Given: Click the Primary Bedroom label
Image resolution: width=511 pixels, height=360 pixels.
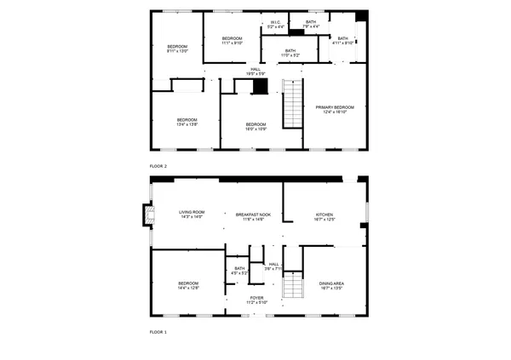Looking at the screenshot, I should pyautogui.click(x=334, y=109).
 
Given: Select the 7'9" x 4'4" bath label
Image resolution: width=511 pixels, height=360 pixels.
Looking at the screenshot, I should pyautogui.click(x=311, y=25).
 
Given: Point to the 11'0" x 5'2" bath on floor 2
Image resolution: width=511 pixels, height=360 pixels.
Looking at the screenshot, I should pyautogui.click(x=290, y=53).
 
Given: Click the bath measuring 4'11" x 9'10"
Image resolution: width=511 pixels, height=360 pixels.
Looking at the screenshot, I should pyautogui.click(x=342, y=40).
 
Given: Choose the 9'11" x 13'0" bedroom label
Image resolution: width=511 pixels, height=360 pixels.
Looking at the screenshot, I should pyautogui.click(x=176, y=49).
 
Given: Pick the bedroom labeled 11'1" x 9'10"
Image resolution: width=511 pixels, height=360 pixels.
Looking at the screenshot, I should pyautogui.click(x=232, y=40).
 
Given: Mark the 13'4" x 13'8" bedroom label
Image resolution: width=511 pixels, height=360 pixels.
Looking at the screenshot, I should pyautogui.click(x=187, y=122).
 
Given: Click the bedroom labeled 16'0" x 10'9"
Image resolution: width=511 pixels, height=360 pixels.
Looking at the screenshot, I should pyautogui.click(x=256, y=125).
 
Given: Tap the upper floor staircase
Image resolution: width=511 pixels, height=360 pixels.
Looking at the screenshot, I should pyautogui.click(x=293, y=102).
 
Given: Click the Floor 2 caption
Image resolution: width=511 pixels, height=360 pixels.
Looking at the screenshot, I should pyautogui.click(x=158, y=165).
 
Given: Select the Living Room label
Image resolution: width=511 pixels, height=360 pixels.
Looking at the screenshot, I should pyautogui.click(x=192, y=214).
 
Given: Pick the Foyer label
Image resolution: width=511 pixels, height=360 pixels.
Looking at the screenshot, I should pyautogui.click(x=257, y=300).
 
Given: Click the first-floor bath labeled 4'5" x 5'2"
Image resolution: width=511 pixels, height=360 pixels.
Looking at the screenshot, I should pyautogui.click(x=240, y=271).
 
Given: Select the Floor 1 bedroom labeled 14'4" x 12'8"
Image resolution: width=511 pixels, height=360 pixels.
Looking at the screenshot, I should pyautogui.click(x=188, y=285).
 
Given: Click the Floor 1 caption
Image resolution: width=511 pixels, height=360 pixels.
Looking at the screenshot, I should pyautogui.click(x=158, y=332).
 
